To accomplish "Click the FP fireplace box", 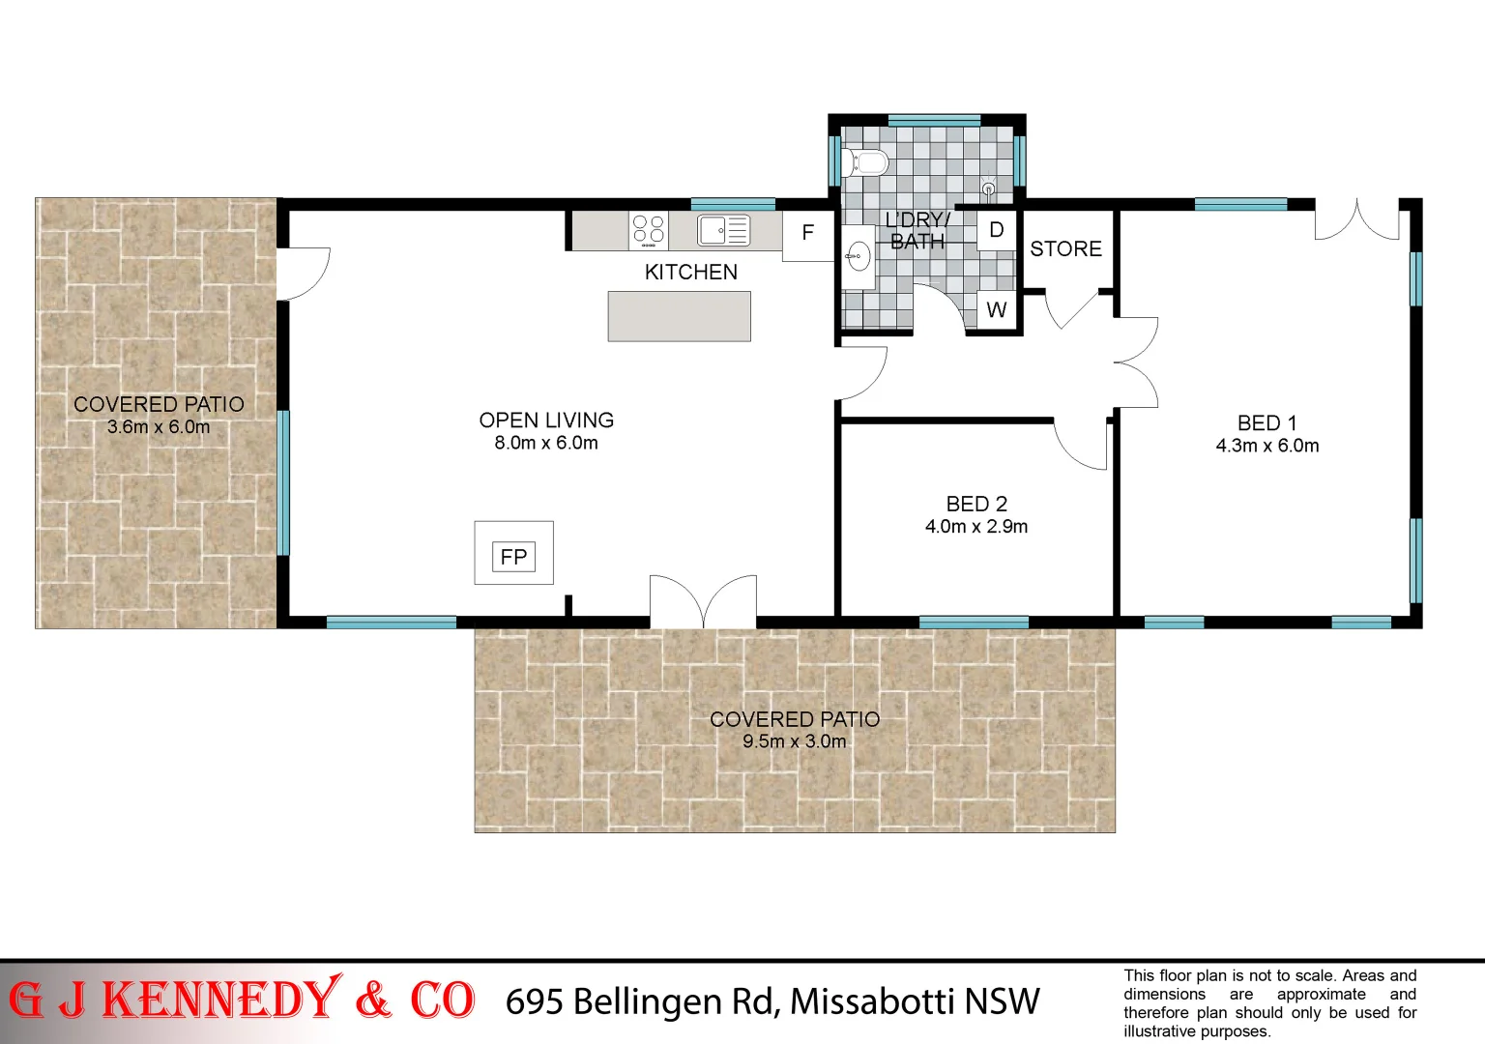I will [513, 556].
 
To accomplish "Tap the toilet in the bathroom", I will [866, 162].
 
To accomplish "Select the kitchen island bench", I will [679, 316].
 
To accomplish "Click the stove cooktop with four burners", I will [648, 230].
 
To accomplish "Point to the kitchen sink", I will [723, 230].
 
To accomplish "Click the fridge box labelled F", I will [807, 233].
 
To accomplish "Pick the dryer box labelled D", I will [996, 230].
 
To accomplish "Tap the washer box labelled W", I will [996, 310].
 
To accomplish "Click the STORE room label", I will [1065, 249].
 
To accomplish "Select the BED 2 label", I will [976, 504].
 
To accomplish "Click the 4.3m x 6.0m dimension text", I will [1267, 446].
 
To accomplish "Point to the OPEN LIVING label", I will [546, 420].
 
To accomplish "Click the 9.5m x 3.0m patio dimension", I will [794, 741].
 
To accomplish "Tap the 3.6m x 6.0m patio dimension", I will [159, 426].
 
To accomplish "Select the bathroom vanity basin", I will [858, 257].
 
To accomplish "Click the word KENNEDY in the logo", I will [221, 1000].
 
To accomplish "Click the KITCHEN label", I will [690, 273].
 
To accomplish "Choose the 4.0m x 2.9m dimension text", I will [976, 527].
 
